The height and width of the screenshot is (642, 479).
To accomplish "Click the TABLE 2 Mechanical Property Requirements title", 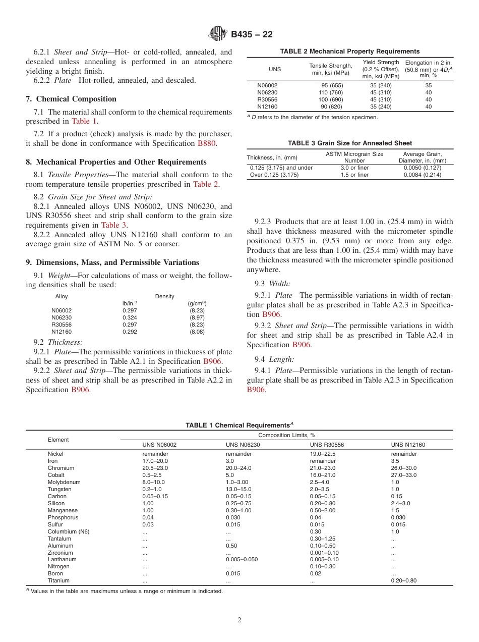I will (x=350, y=51).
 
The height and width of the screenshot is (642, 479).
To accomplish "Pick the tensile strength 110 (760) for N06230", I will (x=330, y=92).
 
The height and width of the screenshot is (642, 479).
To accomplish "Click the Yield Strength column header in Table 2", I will (x=381, y=69).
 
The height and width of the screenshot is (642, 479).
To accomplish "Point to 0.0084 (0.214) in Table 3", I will (x=422, y=175).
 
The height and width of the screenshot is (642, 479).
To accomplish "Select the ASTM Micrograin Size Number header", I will (x=354, y=157).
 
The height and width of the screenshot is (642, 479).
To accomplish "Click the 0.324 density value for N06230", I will (x=130, y=317).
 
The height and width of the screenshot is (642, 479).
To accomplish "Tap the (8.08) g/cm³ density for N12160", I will (x=197, y=332).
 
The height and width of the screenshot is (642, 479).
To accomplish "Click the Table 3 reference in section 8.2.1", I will (x=113, y=225).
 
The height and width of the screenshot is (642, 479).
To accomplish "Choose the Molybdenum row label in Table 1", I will (x=64, y=482).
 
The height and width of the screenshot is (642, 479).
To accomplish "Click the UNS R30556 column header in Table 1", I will (x=327, y=445).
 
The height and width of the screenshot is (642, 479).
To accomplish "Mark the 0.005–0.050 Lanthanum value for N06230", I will (x=242, y=559).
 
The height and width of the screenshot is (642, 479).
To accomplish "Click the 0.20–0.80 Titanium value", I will (x=404, y=580).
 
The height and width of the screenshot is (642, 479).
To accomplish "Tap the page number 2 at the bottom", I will (x=239, y=620).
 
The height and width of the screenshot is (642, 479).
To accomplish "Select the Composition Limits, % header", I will (x=286, y=435).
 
